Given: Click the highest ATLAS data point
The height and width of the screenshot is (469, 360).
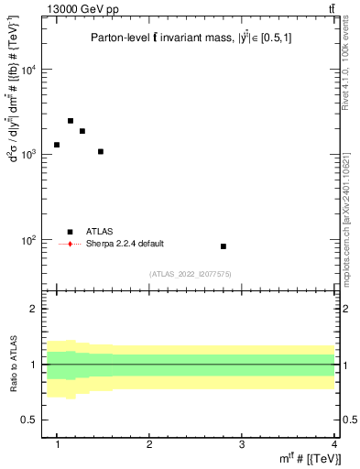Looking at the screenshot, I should [71, 121].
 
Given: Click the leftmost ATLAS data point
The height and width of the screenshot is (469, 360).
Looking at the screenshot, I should [57, 145].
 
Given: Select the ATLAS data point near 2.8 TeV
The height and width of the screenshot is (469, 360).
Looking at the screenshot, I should [224, 246].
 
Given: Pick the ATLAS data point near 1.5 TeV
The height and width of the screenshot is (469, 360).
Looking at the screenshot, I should [101, 151].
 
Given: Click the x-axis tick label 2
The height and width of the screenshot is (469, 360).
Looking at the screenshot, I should [149, 444].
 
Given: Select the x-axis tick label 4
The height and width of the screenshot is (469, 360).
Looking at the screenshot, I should [333, 444].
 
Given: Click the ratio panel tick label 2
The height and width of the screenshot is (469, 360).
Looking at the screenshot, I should [40, 309].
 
